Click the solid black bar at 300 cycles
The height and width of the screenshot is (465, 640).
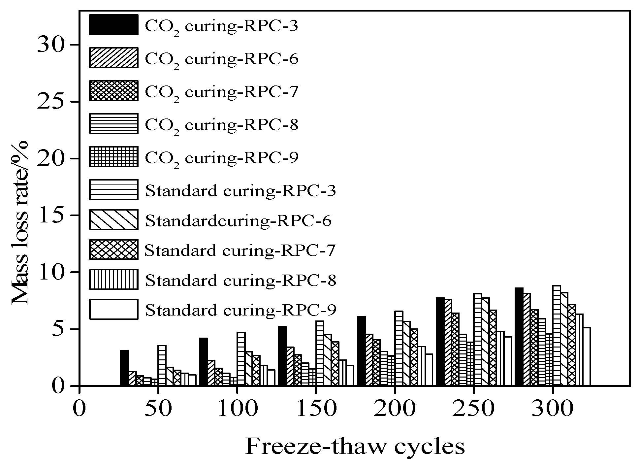pyautogui.click(x=519, y=337)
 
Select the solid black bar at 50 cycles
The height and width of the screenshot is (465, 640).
pyautogui.click(x=124, y=368)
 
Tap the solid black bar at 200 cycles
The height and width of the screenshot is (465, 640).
pyautogui.click(x=361, y=351)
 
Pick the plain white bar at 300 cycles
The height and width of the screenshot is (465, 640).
pyautogui.click(x=587, y=356)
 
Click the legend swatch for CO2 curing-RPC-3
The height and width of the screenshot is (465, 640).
pyautogui.click(x=113, y=24)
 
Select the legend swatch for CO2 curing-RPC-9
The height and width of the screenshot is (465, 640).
pyautogui.click(x=113, y=156)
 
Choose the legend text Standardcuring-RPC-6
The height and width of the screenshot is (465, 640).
pyautogui.click(x=238, y=220)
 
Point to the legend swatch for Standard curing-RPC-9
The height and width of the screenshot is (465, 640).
pyautogui.click(x=113, y=310)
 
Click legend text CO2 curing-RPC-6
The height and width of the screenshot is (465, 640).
pyautogui.click(x=221, y=59)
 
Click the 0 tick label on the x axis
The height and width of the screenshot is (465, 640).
pyautogui.click(x=80, y=409)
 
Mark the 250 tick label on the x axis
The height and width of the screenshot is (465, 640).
pyautogui.click(x=473, y=409)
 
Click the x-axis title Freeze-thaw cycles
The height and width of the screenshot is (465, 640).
pyautogui.click(x=355, y=447)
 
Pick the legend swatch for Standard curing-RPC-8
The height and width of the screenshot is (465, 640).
pyautogui.click(x=113, y=279)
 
